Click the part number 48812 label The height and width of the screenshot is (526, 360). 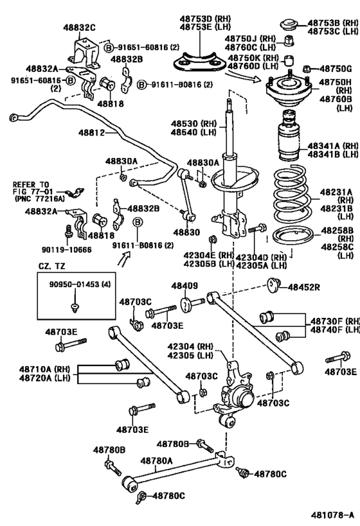tap(91, 133)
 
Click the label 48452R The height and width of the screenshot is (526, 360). tap(304, 287)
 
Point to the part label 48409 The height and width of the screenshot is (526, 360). tap(184, 286)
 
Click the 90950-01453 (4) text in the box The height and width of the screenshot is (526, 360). tap(80, 285)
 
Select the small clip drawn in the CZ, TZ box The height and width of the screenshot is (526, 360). tap(75, 308)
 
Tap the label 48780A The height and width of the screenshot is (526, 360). tap(156, 461)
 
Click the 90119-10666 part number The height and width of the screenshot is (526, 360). tap(66, 250)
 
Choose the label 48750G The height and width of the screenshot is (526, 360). tap(336, 69)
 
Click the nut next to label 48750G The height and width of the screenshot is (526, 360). tap(306, 69)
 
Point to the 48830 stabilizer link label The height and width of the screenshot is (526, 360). tap(186, 232)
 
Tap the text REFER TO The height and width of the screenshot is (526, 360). tap(31, 184)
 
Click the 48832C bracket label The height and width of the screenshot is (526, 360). tap(79, 28)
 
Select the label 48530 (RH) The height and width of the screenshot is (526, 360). tap(194, 124)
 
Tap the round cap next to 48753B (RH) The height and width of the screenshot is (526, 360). tap(289, 25)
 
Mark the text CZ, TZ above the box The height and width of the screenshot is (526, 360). tap(51, 267)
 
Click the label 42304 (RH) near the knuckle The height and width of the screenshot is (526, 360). tap(190, 347)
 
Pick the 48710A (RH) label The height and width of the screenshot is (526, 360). tap(44, 369)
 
